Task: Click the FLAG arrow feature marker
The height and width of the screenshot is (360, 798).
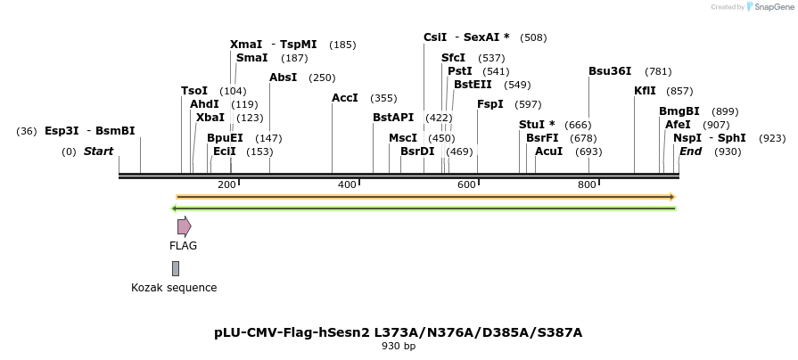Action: click(x=184, y=226)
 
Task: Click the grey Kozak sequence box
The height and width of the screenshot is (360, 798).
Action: click(x=176, y=268)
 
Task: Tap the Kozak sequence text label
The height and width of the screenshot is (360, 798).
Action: click(x=174, y=288)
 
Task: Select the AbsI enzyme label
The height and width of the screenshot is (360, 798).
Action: click(x=283, y=78)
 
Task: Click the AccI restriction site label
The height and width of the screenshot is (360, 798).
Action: click(x=344, y=98)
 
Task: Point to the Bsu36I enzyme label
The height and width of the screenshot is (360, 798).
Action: click(x=610, y=71)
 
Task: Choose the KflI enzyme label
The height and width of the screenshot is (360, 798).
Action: click(x=645, y=91)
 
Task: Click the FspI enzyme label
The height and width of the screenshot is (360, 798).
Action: click(x=489, y=104)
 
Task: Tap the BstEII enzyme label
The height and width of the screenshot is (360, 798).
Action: click(x=473, y=85)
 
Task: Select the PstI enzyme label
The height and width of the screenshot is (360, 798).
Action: click(x=460, y=71)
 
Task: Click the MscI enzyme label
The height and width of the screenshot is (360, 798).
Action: click(x=403, y=138)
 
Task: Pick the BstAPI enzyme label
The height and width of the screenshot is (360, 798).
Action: click(x=393, y=118)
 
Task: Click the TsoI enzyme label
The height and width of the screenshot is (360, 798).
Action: click(x=194, y=91)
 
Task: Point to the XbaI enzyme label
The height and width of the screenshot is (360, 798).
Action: click(x=210, y=118)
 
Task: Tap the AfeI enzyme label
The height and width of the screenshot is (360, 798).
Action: click(x=678, y=125)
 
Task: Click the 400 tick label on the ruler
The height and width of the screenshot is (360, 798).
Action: click(x=347, y=184)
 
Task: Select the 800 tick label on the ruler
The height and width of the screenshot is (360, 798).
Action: click(x=587, y=184)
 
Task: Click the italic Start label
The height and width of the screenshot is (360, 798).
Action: click(x=99, y=151)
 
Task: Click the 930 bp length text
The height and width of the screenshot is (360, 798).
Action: click(x=399, y=347)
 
